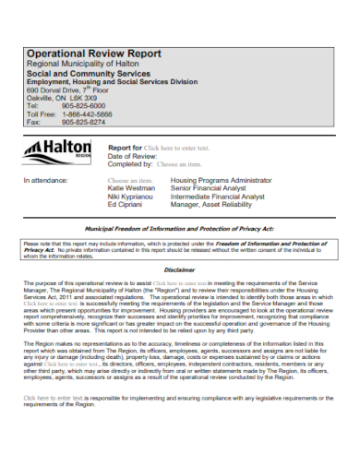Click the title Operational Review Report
tap(91, 53)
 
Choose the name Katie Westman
tap(129, 188)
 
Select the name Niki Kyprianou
tap(130, 197)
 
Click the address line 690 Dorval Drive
tap(66, 89)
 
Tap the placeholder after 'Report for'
tap(177, 148)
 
